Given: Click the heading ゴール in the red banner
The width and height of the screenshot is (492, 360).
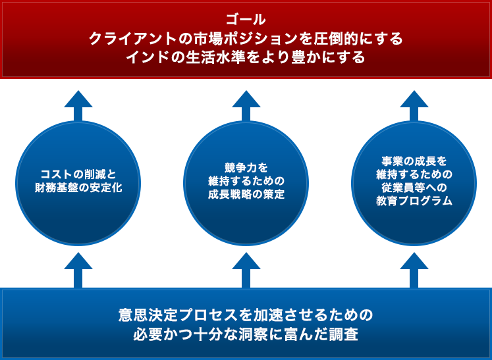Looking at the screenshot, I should click(x=246, y=19).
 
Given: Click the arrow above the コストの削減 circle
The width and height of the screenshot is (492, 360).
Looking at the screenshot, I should click(x=78, y=105).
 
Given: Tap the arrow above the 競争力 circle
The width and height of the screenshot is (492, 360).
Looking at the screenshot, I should click(x=246, y=105).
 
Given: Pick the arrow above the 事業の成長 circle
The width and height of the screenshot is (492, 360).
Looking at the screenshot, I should click(x=414, y=105).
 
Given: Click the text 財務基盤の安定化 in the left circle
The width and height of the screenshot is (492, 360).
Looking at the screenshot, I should click(x=78, y=188).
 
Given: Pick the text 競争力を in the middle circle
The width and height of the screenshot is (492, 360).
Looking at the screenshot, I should click(x=246, y=167).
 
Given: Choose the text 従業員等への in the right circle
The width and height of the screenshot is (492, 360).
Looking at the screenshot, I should click(x=414, y=188).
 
